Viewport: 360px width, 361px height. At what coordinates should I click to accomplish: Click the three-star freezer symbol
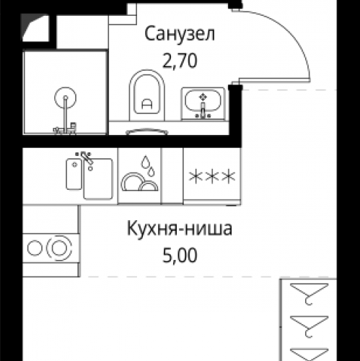click(212, 176)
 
